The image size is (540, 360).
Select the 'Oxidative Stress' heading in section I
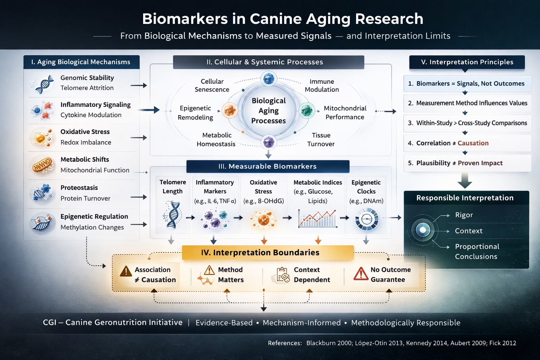(85, 132)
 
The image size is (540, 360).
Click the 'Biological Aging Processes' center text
(269, 111)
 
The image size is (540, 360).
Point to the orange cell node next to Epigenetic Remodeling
(230, 110)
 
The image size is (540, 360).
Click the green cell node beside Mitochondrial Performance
(307, 110)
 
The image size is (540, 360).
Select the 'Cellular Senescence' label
(212, 85)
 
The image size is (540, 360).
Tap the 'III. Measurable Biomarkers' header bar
(268, 166)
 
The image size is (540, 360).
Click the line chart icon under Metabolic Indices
(317, 218)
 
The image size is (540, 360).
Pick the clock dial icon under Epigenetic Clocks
(366, 219)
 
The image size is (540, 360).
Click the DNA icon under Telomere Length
(173, 215)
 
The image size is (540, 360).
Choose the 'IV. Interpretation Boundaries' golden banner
(268, 252)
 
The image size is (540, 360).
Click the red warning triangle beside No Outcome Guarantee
(361, 274)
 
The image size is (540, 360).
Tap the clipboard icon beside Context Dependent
(283, 275)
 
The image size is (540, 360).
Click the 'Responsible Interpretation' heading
(465, 198)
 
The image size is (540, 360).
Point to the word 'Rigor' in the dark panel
(464, 215)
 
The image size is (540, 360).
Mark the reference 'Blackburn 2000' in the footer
(329, 343)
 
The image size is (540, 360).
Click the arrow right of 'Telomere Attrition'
(139, 85)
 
